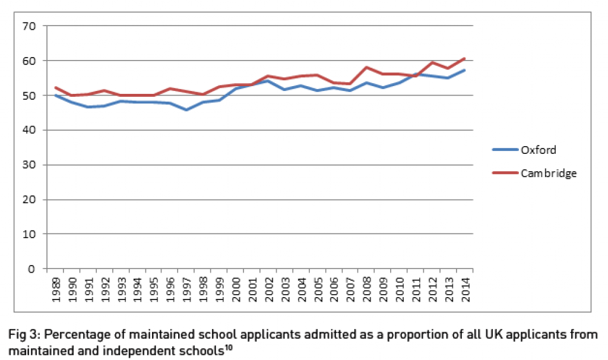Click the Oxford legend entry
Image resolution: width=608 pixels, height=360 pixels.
tap(538, 150)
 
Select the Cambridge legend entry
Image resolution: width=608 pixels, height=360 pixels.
tap(549, 173)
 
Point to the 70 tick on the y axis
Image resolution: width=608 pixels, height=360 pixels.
tap(30, 26)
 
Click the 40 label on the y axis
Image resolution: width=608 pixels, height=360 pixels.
tap(30, 130)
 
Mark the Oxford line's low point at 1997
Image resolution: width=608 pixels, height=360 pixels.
tap(187, 110)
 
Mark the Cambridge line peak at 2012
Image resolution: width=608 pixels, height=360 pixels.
tap(432, 62)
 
